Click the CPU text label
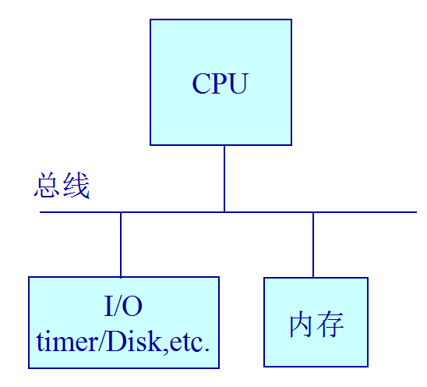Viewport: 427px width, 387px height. pos(220,83)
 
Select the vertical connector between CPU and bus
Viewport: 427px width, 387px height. pos(224,178)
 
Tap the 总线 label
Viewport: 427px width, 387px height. pos(62,186)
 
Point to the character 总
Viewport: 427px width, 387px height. pos(48,186)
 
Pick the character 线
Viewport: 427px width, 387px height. pos(76,186)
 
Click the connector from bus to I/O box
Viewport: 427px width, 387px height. pos(121,244)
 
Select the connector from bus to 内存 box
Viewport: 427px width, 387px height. pos(313,244)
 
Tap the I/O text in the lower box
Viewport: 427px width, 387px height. pos(123,307)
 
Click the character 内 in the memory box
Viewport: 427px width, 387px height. pos(302,324)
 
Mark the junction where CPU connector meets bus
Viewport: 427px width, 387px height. pos(224,211)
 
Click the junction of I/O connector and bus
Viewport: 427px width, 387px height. pos(121,211)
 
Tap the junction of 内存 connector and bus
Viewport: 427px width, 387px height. pos(313,211)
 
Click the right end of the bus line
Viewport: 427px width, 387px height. pos(416,211)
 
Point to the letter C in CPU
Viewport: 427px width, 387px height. pos(201,83)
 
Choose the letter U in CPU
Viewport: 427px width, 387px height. pos(238,83)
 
